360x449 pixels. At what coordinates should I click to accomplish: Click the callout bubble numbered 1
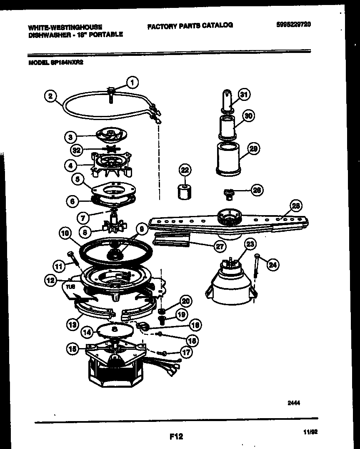click(x=132, y=83)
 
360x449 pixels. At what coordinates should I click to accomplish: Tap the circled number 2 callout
click(x=50, y=96)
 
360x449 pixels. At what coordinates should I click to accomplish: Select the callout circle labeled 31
click(x=244, y=95)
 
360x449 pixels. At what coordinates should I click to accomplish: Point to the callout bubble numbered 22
click(x=185, y=170)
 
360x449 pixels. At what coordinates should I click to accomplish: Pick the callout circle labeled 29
click(x=254, y=148)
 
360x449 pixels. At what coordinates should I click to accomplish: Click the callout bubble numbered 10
click(x=65, y=234)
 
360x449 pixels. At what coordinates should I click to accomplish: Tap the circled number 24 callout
click(x=272, y=263)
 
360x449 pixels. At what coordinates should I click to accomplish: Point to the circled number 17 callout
click(x=186, y=352)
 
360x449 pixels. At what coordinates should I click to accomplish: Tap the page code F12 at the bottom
click(x=176, y=436)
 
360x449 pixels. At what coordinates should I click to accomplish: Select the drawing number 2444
click(x=294, y=403)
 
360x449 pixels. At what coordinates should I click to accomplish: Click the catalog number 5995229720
click(x=293, y=24)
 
